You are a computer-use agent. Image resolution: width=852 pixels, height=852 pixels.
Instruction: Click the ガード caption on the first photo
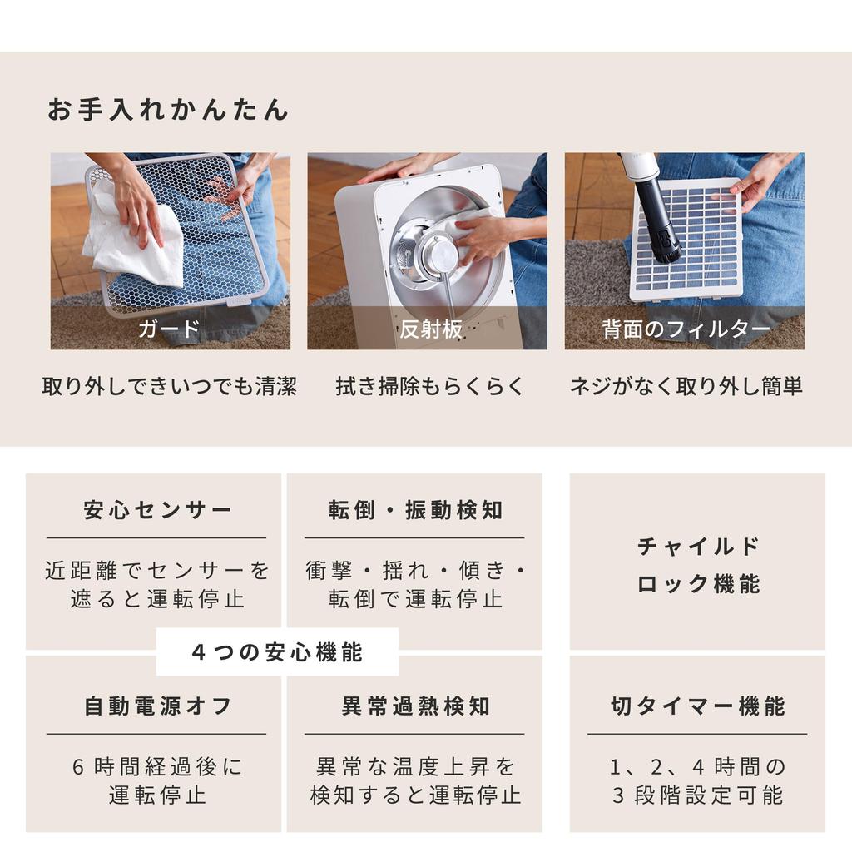(169, 329)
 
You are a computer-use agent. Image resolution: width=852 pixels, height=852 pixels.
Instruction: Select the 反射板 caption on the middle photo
(430, 329)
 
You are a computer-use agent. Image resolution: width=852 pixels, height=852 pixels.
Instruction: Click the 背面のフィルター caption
(686, 329)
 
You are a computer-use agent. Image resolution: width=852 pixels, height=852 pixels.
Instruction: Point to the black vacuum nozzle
(659, 220)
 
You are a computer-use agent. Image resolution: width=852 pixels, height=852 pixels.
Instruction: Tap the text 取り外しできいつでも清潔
(169, 387)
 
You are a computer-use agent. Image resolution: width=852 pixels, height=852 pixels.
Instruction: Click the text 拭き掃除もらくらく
(430, 387)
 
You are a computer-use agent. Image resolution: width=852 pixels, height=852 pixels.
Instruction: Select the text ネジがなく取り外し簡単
(686, 387)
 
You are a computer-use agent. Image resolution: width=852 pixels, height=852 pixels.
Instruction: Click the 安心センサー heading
(157, 510)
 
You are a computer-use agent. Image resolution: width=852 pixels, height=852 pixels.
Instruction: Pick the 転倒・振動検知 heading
(415, 510)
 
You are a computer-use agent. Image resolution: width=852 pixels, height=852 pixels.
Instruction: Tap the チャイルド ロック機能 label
(698, 565)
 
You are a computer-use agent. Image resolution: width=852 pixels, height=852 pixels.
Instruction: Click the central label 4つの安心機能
(277, 652)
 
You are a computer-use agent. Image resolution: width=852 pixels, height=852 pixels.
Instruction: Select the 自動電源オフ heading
(157, 706)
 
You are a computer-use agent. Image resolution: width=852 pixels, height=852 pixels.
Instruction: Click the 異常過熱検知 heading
(415, 706)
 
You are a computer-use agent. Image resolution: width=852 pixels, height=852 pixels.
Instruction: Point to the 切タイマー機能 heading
(698, 706)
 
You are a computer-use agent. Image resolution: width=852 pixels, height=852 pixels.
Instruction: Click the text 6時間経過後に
(157, 766)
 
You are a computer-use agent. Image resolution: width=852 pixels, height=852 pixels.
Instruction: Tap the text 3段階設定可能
(698, 795)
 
